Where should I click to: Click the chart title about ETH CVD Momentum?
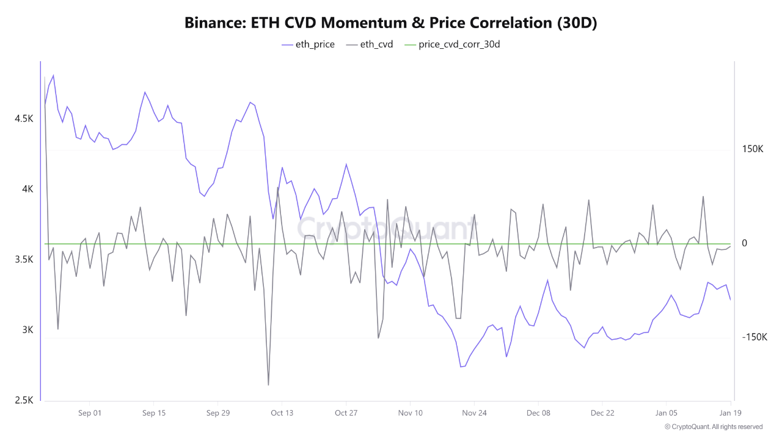391,23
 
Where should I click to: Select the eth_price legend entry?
309,45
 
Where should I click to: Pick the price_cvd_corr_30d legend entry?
452,45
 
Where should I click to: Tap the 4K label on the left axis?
28,189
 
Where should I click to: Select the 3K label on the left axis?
28,330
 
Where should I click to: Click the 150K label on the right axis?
753,149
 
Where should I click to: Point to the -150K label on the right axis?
754,337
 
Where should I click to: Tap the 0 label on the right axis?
745,243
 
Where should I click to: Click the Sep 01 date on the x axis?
89,413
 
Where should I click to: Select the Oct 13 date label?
282,413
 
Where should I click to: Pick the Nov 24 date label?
474,413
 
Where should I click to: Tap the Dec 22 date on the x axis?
602,413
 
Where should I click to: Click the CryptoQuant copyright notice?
713,427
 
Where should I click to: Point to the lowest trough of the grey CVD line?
268,385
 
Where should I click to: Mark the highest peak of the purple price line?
53,75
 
